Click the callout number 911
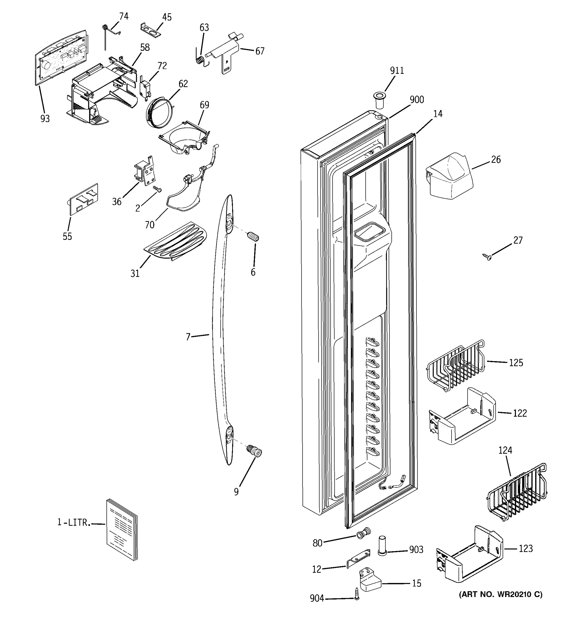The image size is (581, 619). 397,71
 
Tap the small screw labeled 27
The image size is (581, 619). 487,257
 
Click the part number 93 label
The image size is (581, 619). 45,119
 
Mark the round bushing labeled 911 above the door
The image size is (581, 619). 379,99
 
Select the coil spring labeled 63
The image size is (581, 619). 201,59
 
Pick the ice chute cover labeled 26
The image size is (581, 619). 449,176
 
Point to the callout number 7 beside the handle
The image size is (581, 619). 188,337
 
